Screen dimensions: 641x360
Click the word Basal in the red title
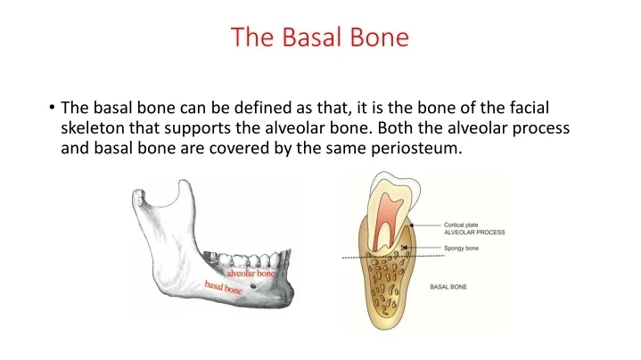(x=312, y=37)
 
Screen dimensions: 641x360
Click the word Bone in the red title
(x=380, y=37)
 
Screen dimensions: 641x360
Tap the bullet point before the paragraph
(x=52, y=108)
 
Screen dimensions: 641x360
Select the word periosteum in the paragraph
(x=416, y=148)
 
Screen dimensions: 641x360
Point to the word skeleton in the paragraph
(x=93, y=128)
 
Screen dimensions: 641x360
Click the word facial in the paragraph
(x=529, y=108)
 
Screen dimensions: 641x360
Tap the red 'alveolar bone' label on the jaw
(x=251, y=274)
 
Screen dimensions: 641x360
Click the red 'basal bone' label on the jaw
(x=223, y=287)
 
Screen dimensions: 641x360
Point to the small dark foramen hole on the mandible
(x=253, y=286)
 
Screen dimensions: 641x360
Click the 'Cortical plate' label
(x=461, y=225)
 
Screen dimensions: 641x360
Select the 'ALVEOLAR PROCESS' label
(x=474, y=232)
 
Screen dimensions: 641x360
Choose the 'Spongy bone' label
(x=461, y=248)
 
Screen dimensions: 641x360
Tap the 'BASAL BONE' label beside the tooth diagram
(x=448, y=287)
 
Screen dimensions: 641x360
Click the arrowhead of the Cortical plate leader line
(x=412, y=225)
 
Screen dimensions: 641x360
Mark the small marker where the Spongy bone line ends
(x=404, y=248)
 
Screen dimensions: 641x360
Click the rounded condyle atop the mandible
(x=138, y=196)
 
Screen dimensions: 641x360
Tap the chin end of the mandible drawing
(x=288, y=294)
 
